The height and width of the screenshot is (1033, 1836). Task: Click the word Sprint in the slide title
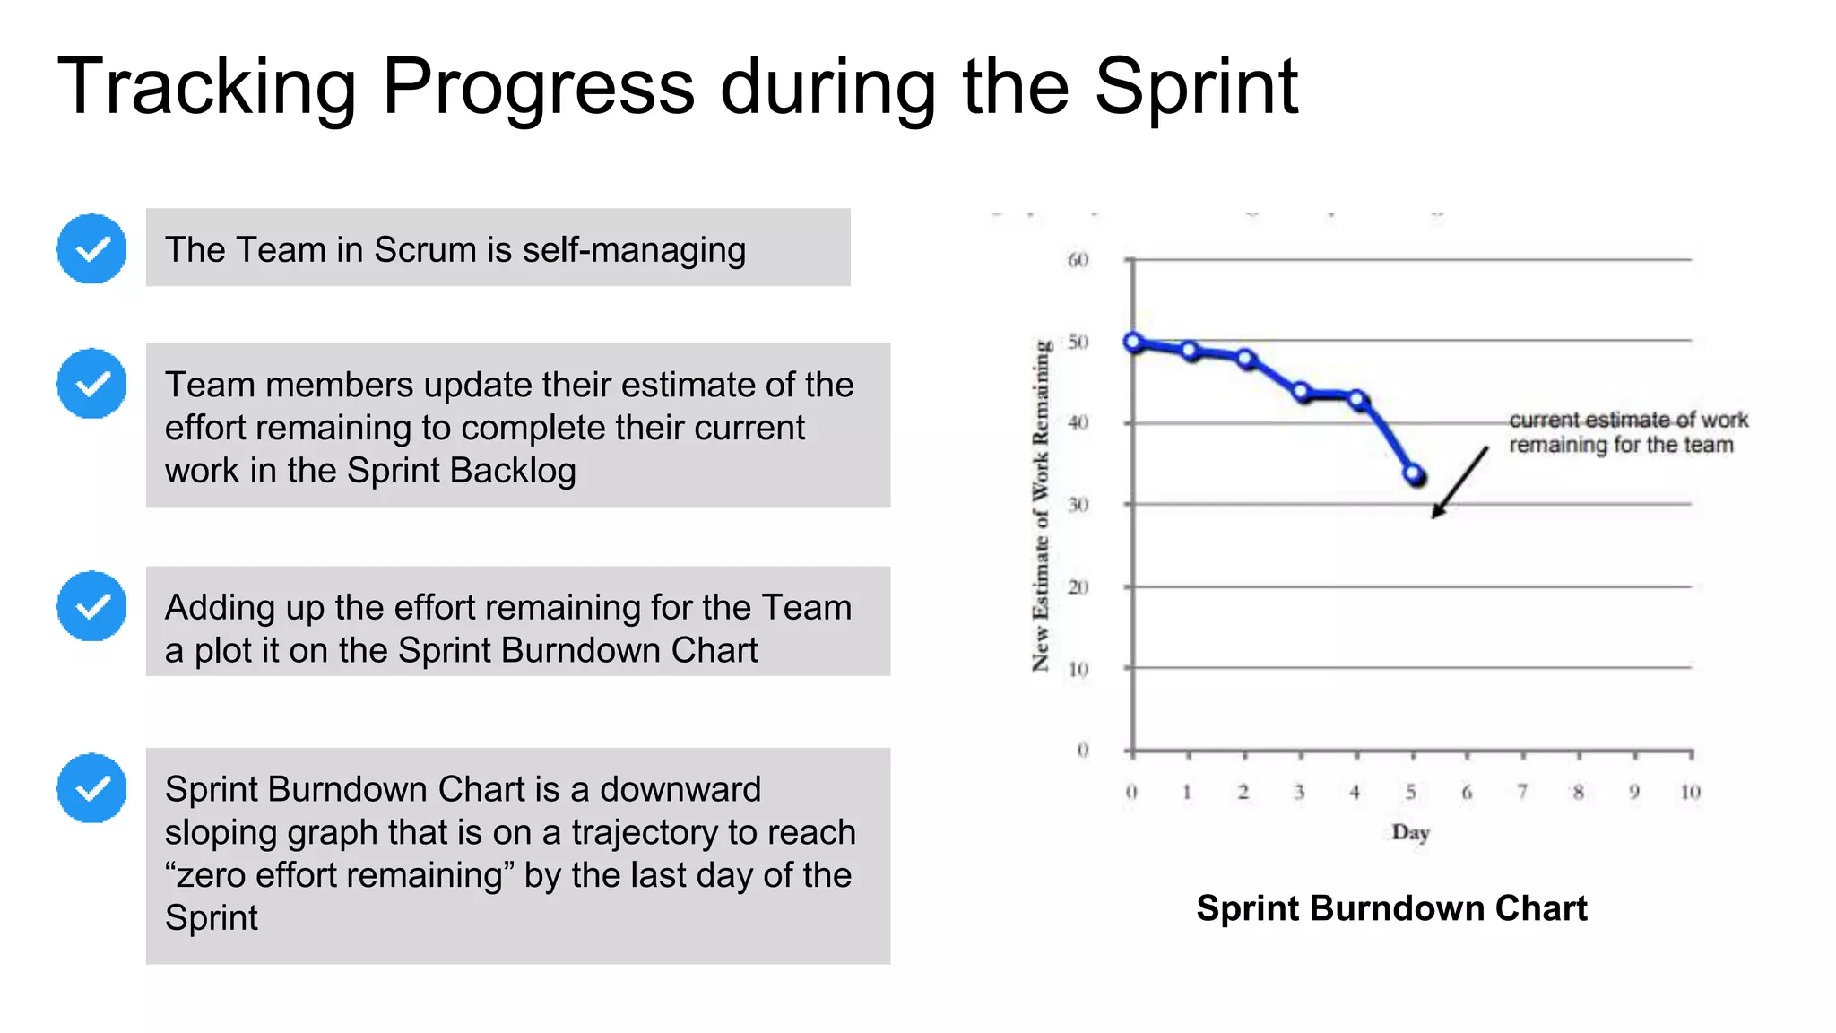click(1196, 87)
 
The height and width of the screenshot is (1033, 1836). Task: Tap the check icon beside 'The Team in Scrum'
click(91, 248)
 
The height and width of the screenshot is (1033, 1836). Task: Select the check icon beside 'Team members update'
click(91, 384)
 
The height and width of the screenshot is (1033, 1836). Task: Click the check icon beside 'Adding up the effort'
click(91, 606)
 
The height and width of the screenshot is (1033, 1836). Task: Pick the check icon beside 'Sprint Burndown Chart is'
click(91, 788)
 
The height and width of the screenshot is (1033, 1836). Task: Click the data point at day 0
click(1133, 342)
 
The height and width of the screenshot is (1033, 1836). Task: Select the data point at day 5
click(1414, 474)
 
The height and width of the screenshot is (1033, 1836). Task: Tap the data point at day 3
click(1302, 392)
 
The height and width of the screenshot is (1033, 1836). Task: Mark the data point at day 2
click(1246, 358)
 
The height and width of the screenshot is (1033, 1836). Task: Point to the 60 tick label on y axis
click(1078, 260)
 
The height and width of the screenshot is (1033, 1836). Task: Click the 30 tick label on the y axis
click(1078, 505)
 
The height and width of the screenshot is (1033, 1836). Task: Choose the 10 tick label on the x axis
click(1690, 792)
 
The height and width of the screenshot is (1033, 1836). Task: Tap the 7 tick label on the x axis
click(1522, 792)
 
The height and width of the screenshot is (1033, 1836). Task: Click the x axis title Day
click(1410, 832)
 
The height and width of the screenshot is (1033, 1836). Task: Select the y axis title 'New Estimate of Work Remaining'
click(1040, 505)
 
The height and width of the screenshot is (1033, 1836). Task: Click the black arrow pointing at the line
click(1459, 482)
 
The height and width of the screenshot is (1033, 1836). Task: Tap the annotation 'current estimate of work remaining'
click(1626, 432)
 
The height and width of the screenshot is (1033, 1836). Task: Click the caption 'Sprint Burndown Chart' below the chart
click(1391, 908)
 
